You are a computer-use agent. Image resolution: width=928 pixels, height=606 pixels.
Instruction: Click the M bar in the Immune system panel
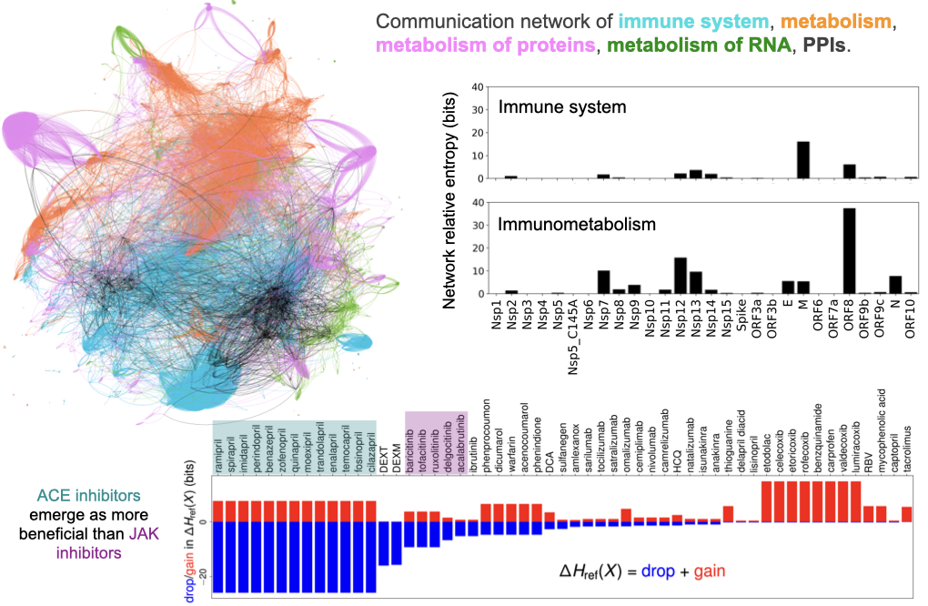coord(803,159)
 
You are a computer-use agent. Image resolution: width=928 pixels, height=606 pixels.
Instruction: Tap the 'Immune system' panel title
coord(562,107)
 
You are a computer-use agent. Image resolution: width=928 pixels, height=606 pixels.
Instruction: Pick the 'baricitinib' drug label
coord(409,449)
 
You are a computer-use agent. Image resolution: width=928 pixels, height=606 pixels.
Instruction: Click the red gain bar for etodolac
coord(766,501)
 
